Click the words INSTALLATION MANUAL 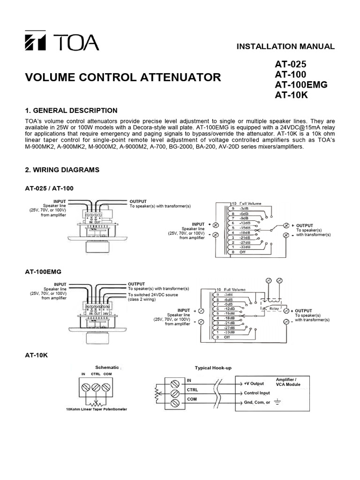pos(285,46)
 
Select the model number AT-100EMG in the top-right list pos(301,85)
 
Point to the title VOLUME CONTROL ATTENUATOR pos(123,77)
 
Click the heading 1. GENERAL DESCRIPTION pos(71,111)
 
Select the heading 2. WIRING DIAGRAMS pos(62,170)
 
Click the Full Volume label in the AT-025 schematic pos(251,203)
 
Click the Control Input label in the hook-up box pos(257,393)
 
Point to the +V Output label pos(254,383)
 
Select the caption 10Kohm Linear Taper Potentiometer pos(96,409)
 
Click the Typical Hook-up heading pos(213,368)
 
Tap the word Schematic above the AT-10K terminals pos(107,367)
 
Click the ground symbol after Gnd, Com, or pos(277,402)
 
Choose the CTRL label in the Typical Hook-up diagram pos(193,390)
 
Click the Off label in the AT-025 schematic pos(242,252)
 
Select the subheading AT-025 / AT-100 pos(49,188)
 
